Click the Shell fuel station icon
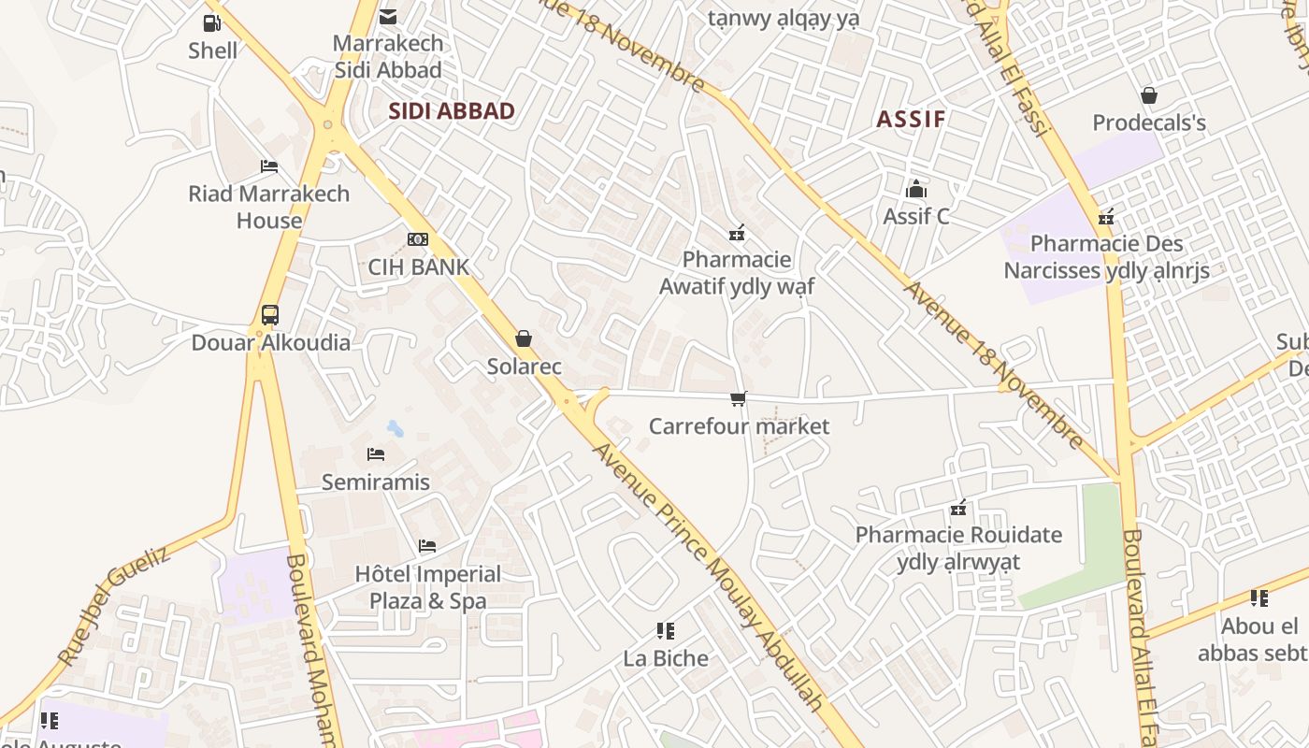(212, 23)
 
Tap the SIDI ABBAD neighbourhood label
(452, 111)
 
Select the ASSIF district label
(911, 119)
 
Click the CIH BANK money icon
(418, 239)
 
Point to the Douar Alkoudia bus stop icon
(270, 315)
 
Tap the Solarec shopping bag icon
(524, 338)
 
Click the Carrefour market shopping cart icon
(739, 399)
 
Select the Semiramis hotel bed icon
(376, 455)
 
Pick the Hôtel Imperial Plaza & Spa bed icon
(427, 546)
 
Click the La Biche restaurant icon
(666, 631)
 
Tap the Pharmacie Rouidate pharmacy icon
(958, 509)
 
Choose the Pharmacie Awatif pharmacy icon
(737, 232)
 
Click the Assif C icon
(916, 189)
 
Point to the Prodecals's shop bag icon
(1149, 95)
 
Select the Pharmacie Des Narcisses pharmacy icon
(1106, 217)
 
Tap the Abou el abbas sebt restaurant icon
(1259, 598)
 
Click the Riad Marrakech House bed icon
(269, 166)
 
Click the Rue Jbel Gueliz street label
(114, 605)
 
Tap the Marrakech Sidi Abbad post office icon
(388, 17)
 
